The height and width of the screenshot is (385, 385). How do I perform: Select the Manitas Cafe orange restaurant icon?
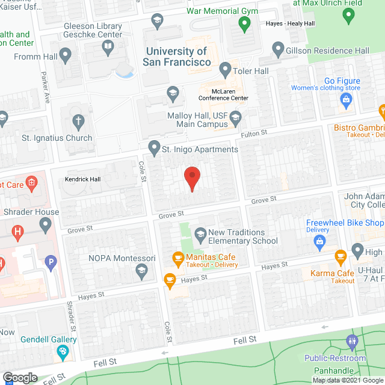pos(177,259)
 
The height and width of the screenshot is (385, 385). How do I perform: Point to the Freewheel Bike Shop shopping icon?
pos(319,242)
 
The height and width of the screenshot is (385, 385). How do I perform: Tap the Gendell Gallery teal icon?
pos(63,353)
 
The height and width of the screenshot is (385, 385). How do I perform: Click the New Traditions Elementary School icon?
pos(200,233)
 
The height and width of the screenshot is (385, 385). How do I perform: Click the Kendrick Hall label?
pos(83,179)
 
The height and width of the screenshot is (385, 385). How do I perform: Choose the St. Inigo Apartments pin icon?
pos(155,147)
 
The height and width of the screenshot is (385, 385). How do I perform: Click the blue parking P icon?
pos(51,262)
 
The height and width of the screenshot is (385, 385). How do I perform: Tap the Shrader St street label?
pos(71,316)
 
